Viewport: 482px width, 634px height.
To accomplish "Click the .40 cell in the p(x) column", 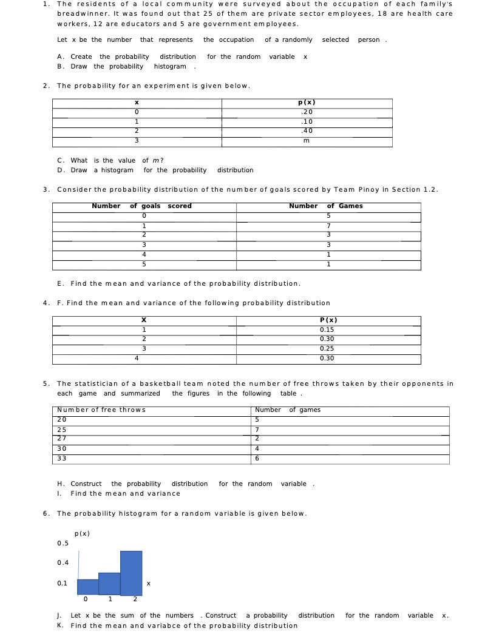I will [307, 131].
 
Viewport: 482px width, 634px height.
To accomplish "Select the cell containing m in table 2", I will [307, 141].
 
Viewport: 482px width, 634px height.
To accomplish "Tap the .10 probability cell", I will [307, 121].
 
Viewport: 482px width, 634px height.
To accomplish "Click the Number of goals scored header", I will [141, 206].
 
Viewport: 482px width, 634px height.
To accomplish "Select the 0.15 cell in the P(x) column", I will [327, 330].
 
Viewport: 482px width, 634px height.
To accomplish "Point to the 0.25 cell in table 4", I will [327, 349].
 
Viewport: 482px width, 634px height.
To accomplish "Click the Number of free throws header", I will [101, 410].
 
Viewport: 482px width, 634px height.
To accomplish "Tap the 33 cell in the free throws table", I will [62, 459].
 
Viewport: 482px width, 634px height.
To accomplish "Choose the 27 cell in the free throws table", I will [62, 439].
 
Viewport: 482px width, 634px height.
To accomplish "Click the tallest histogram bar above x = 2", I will [131, 573].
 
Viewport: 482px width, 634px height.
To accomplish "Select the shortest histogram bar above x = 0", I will [87, 587].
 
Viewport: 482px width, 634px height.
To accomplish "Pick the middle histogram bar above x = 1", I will [109, 584].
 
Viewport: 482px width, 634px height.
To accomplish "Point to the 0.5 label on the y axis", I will [63, 543].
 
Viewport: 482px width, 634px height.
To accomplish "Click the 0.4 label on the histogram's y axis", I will [63, 563].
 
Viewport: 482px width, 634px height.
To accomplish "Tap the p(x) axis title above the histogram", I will [82, 533].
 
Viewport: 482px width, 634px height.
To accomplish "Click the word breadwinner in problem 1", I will [78, 14].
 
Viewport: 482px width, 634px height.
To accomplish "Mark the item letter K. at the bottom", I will [61, 626].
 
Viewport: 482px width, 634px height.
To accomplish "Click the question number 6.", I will [46, 514].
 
